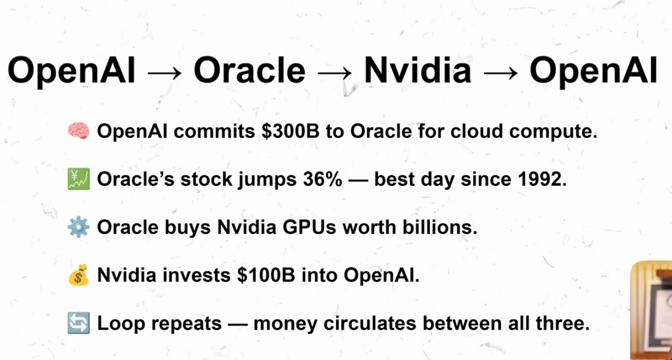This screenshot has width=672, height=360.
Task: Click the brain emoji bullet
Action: pos(78,131)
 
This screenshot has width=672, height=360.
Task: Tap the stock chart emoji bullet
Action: pos(78,179)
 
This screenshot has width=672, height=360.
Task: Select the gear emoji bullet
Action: pos(78,227)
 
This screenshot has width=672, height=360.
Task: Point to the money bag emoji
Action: pos(78,275)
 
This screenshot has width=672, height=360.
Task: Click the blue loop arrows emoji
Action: pos(78,323)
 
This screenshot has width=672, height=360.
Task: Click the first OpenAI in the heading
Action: pos(71,71)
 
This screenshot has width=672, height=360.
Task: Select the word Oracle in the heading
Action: pos(250,70)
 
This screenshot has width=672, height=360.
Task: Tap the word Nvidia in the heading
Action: pos(417,70)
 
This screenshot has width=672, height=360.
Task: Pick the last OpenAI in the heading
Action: pos(593,71)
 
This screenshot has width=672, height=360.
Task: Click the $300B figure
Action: pos(290,131)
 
